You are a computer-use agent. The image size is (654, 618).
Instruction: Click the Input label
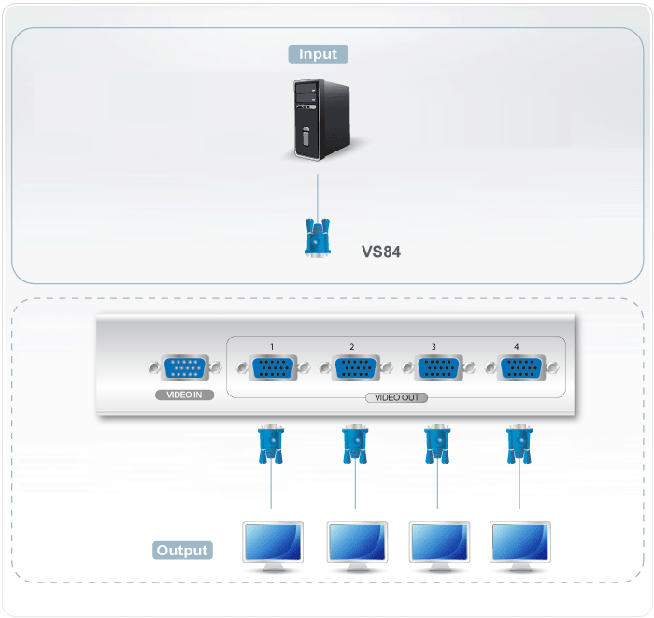click(318, 54)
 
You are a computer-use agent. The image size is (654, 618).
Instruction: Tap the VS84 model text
click(381, 252)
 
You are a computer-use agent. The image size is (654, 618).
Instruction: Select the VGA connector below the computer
click(318, 236)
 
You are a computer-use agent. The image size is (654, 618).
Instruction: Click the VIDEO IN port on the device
click(185, 369)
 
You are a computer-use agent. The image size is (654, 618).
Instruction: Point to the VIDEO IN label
click(185, 395)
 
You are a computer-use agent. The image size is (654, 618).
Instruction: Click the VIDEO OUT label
click(396, 397)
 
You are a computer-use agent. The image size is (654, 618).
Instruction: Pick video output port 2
click(352, 369)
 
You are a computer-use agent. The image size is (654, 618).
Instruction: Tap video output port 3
click(434, 369)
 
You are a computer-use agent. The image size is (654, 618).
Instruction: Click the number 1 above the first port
click(272, 347)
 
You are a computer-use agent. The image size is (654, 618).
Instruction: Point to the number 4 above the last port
click(517, 347)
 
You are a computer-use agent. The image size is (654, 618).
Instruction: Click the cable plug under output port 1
click(271, 444)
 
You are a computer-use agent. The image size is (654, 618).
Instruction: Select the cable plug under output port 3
click(434, 444)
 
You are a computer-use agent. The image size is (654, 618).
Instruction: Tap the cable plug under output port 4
click(516, 444)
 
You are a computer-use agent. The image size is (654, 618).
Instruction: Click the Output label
click(182, 551)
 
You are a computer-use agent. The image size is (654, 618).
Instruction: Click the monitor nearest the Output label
click(272, 546)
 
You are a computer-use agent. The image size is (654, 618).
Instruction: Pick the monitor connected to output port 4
click(520, 546)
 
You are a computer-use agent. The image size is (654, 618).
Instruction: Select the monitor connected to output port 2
click(357, 546)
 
